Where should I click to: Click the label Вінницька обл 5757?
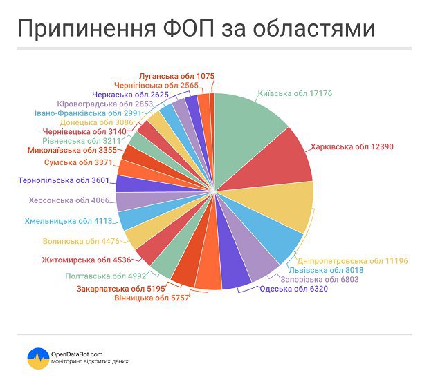149,297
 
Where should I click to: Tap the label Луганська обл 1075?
177,75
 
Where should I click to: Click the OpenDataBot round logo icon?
37,357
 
